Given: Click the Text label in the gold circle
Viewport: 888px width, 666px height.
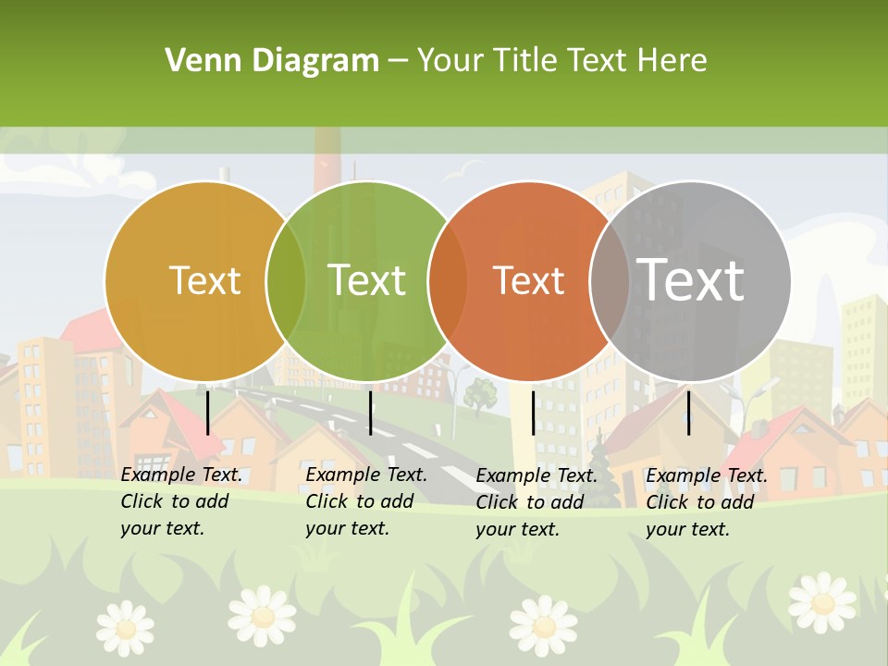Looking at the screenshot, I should point(205,280).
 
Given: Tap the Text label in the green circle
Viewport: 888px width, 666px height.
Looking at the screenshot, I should point(367,280).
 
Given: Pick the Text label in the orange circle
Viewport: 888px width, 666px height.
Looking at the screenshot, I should point(529,280).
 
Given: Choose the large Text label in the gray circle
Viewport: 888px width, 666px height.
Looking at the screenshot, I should point(691,279).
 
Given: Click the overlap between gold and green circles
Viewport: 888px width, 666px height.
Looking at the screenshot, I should point(286,280).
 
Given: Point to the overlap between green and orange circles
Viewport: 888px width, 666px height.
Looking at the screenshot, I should point(448,280).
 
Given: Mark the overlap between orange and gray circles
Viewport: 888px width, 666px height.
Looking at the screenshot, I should point(610,280).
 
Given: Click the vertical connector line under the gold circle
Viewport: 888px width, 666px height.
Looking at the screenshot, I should point(207,413).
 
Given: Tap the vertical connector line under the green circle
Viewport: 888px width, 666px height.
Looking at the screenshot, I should point(370,413).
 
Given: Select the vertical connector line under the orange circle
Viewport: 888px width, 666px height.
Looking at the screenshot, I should point(533,413).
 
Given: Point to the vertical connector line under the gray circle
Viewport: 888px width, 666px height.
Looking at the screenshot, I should point(688,413).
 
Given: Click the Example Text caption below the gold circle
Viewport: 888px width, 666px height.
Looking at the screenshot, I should point(180,501).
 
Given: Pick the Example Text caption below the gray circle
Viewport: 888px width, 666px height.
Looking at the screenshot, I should point(706,502).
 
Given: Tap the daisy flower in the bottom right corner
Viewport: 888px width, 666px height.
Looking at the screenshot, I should point(821,602).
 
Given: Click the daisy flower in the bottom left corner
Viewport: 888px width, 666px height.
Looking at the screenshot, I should point(125,626).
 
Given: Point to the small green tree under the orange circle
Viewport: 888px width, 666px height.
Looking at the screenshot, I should point(480,394).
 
